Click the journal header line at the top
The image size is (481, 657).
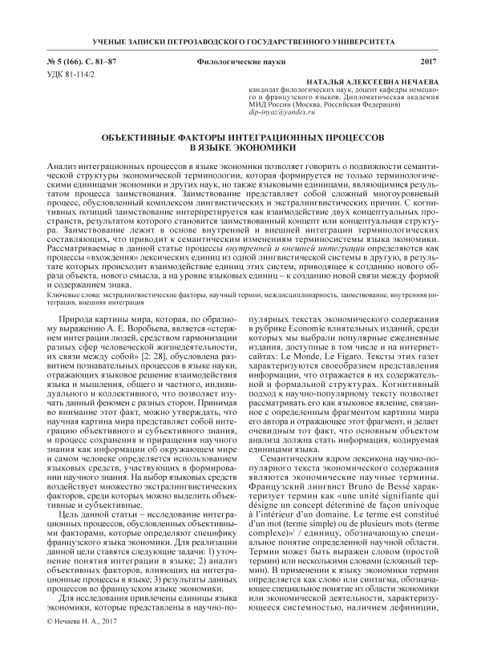pos(240,40)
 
